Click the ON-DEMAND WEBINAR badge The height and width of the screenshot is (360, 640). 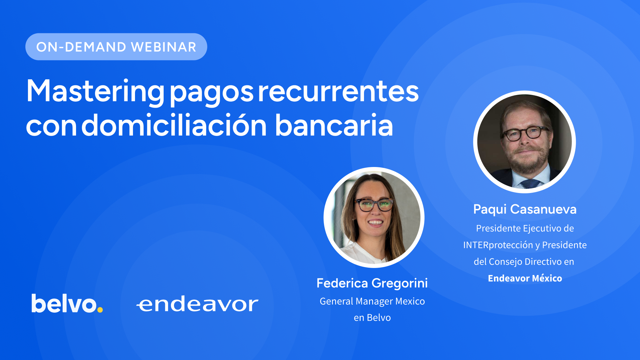coord(116,47)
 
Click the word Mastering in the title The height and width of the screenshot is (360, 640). coord(95,91)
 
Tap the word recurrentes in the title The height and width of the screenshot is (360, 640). coord(338,91)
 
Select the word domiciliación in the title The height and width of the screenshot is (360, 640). coord(174,125)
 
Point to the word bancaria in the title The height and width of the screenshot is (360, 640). coord(334,125)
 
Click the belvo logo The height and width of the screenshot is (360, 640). coord(67,303)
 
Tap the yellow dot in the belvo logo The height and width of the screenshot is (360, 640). coord(100,310)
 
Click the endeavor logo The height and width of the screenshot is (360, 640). coord(197,304)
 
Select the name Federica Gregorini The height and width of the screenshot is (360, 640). coord(372,283)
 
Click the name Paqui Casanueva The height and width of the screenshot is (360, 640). coord(525,209)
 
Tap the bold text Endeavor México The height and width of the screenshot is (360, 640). coord(525,278)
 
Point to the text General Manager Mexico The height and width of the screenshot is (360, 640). coord(372,301)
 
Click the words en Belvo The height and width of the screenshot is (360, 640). coord(372,318)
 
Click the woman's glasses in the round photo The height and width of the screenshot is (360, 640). coord(374,205)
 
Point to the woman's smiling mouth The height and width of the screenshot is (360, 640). coord(376,222)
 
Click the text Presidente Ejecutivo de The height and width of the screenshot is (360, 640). coord(525,228)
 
